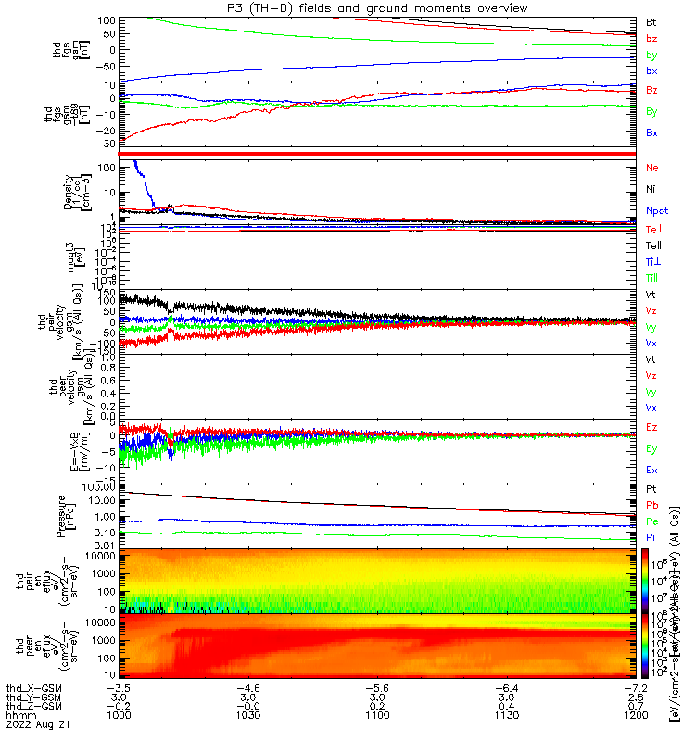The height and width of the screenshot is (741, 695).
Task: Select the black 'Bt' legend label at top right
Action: click(651, 21)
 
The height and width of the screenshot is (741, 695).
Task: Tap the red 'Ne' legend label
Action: click(652, 168)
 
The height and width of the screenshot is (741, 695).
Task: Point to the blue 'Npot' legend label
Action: click(657, 210)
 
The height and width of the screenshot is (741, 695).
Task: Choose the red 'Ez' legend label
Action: click(651, 427)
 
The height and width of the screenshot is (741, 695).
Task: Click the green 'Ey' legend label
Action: click(652, 448)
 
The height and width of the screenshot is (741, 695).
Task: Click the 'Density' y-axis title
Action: click(57, 191)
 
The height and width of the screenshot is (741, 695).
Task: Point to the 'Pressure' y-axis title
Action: click(57, 515)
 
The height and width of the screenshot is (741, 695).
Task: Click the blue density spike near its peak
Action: click(137, 165)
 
